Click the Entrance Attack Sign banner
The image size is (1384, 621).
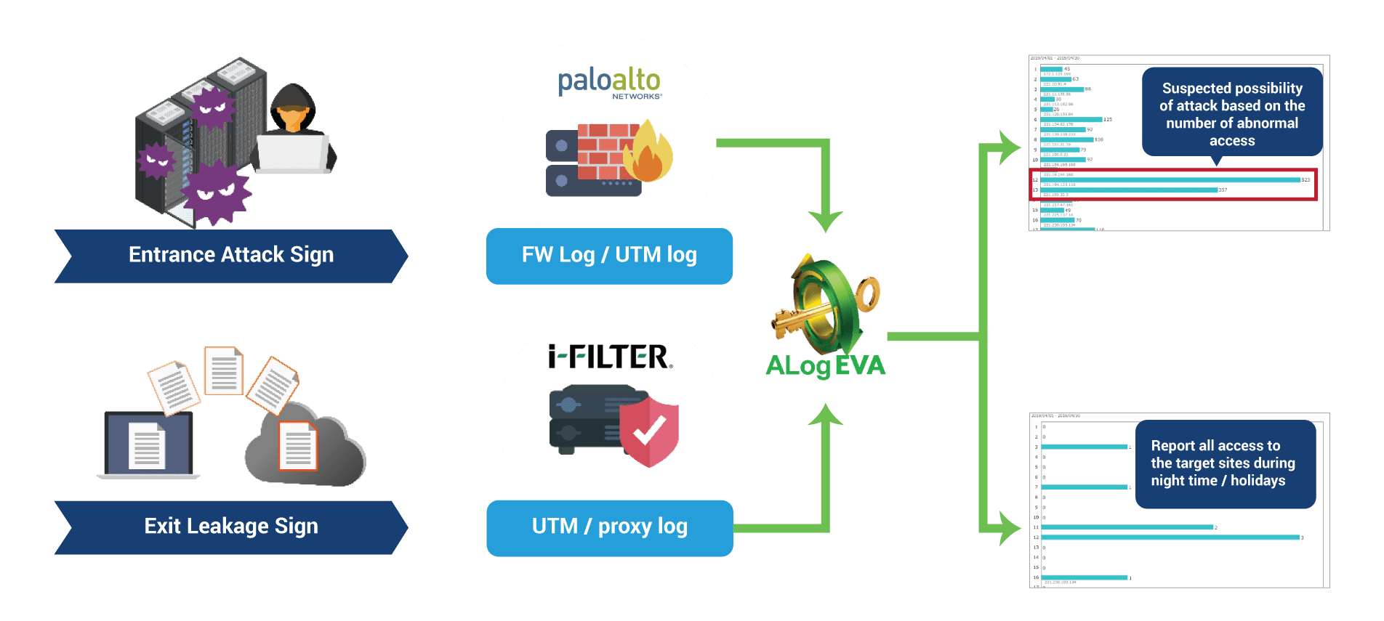[x=231, y=256]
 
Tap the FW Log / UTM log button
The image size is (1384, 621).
[x=609, y=256]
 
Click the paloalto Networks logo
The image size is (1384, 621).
[x=609, y=82]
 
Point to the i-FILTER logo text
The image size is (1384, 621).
[x=610, y=357]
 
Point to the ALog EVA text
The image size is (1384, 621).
[x=826, y=365]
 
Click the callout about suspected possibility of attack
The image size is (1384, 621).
[x=1232, y=113]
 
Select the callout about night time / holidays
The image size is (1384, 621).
[x=1225, y=463]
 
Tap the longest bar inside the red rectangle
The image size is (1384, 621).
[x=1171, y=180]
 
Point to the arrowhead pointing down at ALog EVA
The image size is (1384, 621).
[x=826, y=220]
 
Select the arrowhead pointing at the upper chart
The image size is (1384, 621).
[x=1011, y=148]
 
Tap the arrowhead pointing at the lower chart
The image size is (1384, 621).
[x=1011, y=528]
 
